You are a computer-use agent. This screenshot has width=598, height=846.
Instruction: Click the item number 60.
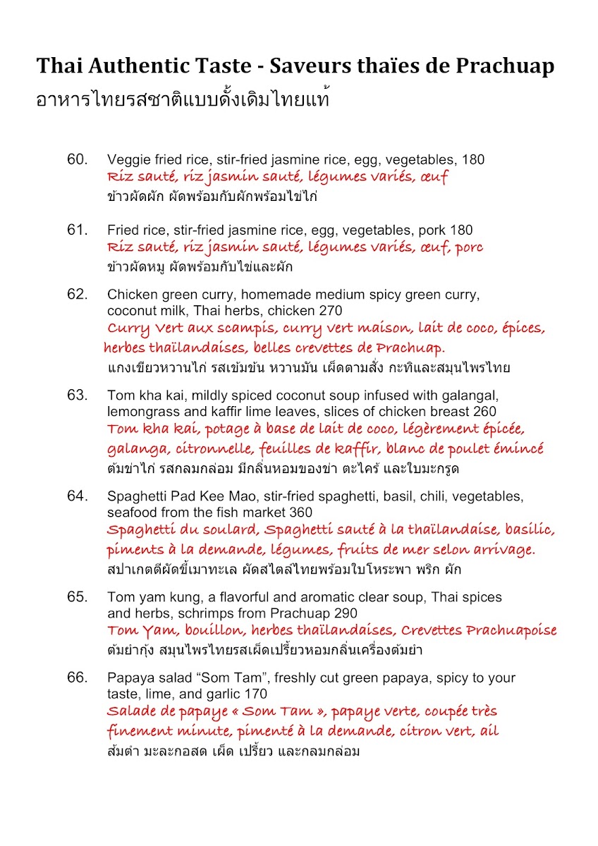point(77,159)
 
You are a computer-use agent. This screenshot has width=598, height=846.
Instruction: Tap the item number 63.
point(77,395)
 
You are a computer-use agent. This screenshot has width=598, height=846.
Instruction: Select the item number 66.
point(77,678)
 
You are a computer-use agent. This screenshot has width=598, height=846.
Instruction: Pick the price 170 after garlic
point(255,694)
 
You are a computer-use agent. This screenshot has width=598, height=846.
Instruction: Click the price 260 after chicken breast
point(484,411)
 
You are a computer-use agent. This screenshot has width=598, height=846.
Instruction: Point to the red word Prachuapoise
point(511,630)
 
